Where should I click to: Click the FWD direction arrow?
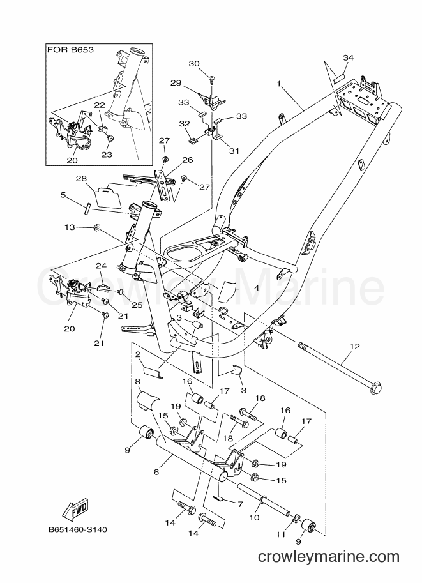tap(75, 508)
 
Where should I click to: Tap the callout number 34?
tap(348, 57)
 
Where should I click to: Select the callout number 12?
tap(355, 346)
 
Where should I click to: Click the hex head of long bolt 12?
tap(376, 388)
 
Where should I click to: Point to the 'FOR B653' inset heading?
tap(70, 50)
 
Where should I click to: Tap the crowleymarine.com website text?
tap(329, 557)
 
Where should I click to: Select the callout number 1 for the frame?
tap(278, 84)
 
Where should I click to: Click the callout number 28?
tap(81, 178)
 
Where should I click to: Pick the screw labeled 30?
tap(211, 78)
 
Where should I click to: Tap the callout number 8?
tap(137, 381)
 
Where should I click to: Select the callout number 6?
tap(156, 472)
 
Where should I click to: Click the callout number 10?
tap(254, 517)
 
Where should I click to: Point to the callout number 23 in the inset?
tap(107, 155)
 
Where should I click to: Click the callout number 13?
tap(70, 227)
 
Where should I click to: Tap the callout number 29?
tap(176, 82)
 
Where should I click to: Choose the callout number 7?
tap(240, 504)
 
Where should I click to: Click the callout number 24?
tap(101, 266)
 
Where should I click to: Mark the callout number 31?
tap(234, 151)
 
